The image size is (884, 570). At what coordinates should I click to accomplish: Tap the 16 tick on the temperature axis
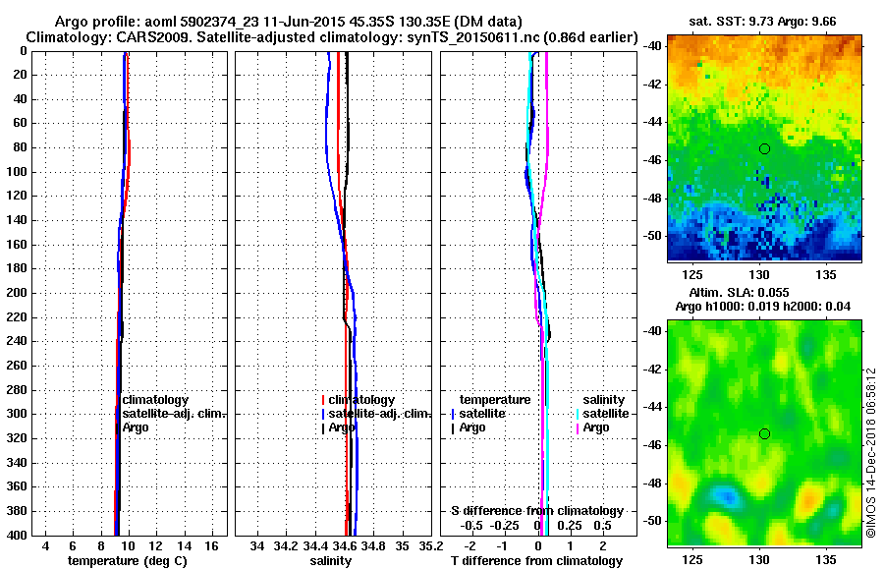(x=211, y=545)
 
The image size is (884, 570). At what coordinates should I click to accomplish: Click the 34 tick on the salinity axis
(x=258, y=545)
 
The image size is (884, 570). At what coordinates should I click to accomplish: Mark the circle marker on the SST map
(x=764, y=148)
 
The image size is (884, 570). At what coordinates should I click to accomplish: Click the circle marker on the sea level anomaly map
(x=764, y=433)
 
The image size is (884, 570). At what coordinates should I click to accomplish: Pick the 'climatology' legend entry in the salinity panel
(x=361, y=400)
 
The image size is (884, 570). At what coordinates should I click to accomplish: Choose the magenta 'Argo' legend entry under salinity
(x=595, y=427)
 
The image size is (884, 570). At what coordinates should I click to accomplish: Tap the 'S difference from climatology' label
(x=536, y=511)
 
